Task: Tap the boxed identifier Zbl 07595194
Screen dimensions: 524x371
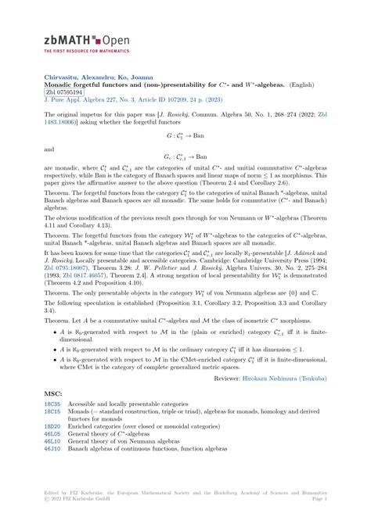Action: pyautogui.click(x=64, y=92)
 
